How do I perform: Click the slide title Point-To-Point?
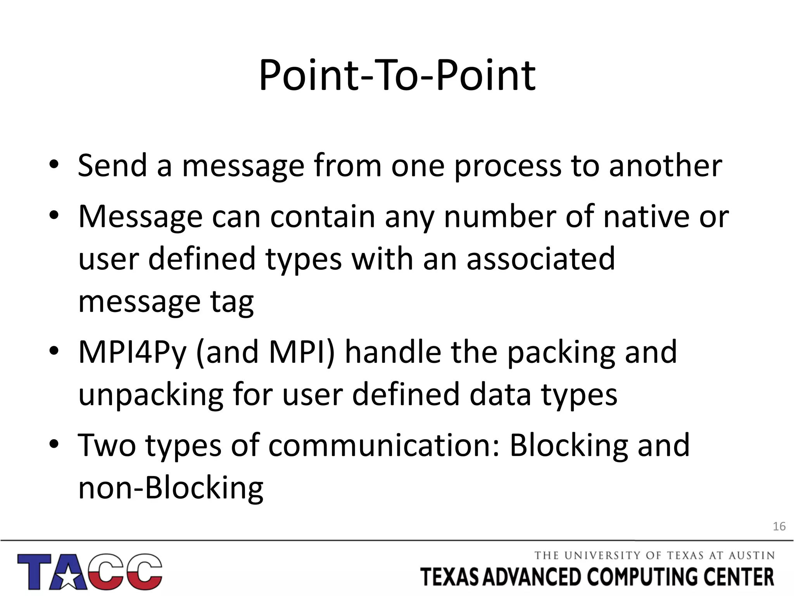pyautogui.click(x=397, y=76)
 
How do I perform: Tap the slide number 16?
pyautogui.click(x=779, y=527)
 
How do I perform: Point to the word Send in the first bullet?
pyautogui.click(x=112, y=166)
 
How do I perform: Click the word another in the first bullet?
pyautogui.click(x=665, y=166)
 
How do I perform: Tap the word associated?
pyautogui.click(x=540, y=259)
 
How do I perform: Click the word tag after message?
pyautogui.click(x=232, y=302)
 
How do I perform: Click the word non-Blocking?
pyautogui.click(x=171, y=488)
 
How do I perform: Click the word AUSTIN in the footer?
pyautogui.click(x=751, y=556)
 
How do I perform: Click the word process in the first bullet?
pyautogui.click(x=507, y=166)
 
